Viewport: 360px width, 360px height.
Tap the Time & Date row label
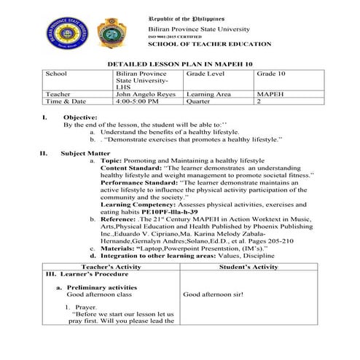[x=66, y=102]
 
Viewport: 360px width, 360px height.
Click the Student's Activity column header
[x=249, y=267]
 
